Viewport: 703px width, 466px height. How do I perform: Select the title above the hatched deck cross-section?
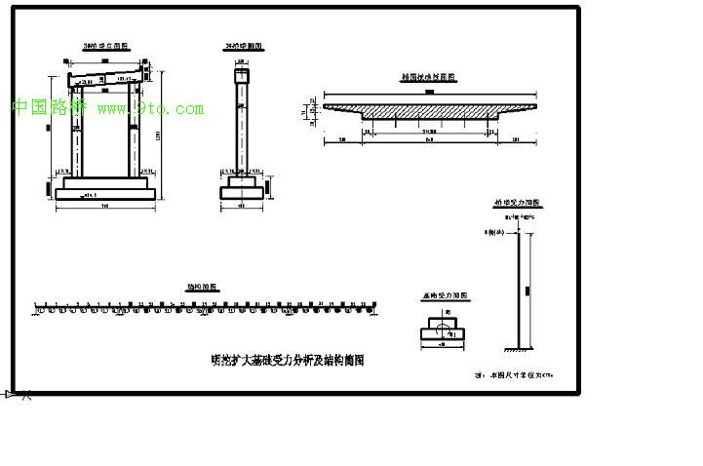[x=430, y=75]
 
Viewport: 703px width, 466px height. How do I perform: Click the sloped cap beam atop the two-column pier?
[x=102, y=79]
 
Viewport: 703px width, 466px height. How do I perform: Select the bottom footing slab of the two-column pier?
[x=104, y=194]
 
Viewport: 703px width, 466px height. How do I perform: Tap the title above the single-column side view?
[x=242, y=46]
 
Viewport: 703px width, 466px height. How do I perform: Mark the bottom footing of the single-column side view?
[x=241, y=193]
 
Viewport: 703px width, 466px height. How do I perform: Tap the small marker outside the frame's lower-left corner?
[x=14, y=394]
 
